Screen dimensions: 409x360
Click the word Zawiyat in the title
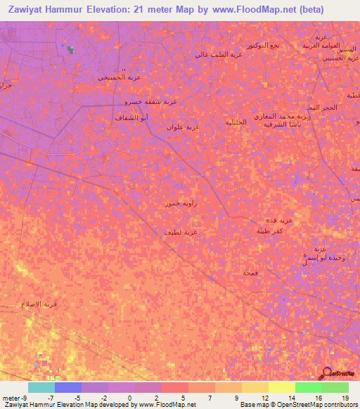coord(27,10)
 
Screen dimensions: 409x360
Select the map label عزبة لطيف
coord(181,231)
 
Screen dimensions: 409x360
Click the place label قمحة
coord(250,272)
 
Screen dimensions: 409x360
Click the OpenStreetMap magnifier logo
coord(326,373)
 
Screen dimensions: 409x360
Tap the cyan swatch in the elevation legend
coord(41,387)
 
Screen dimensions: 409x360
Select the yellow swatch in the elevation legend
coord(281,387)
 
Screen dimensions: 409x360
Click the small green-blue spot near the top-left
coord(70,49)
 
